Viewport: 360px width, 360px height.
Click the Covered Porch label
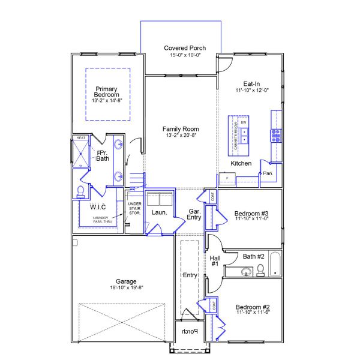click(x=185, y=48)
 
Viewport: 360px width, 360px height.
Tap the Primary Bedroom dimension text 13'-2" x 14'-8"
click(x=107, y=101)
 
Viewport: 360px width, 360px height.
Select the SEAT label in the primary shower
click(x=81, y=139)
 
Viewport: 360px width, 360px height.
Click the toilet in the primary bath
click(x=81, y=191)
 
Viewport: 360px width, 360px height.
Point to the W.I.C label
click(x=98, y=207)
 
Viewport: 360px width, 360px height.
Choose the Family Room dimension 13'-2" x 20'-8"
click(x=181, y=136)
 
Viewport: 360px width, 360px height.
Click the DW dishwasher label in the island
click(x=244, y=122)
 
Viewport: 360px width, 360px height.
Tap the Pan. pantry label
click(x=268, y=173)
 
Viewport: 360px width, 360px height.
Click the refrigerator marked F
click(x=227, y=178)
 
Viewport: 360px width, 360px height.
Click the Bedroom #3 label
click(x=251, y=214)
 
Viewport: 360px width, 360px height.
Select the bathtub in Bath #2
click(x=275, y=264)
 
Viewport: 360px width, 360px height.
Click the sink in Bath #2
click(x=246, y=272)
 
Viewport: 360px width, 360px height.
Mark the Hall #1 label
click(x=215, y=261)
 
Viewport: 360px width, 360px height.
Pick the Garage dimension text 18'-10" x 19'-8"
click(x=126, y=288)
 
